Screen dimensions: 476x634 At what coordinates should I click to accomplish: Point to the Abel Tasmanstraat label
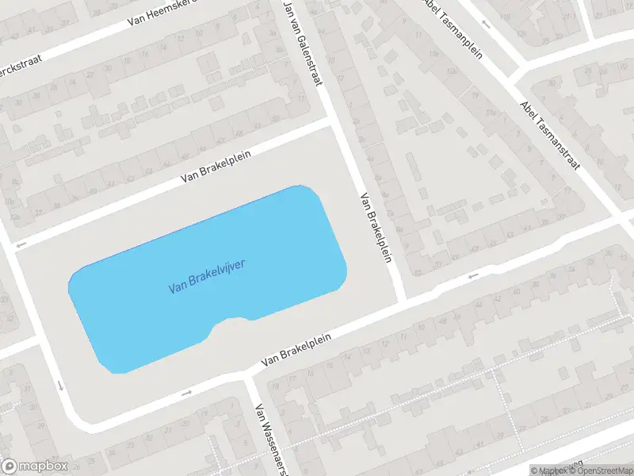point(550,135)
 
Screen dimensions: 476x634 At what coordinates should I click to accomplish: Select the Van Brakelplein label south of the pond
point(295,348)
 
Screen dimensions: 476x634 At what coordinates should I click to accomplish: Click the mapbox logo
point(34,466)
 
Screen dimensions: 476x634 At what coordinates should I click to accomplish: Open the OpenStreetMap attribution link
point(601,470)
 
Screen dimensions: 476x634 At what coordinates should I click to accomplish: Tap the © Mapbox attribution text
point(549,470)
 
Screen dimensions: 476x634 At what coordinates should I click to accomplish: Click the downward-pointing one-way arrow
point(60,386)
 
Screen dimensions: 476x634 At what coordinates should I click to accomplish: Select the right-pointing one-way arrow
point(187,392)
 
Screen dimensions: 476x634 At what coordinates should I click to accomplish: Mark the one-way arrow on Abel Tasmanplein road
point(486,24)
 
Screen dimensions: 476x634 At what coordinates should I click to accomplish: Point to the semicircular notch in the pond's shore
point(232,323)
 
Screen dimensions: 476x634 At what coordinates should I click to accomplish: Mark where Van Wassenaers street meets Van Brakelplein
point(246,376)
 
